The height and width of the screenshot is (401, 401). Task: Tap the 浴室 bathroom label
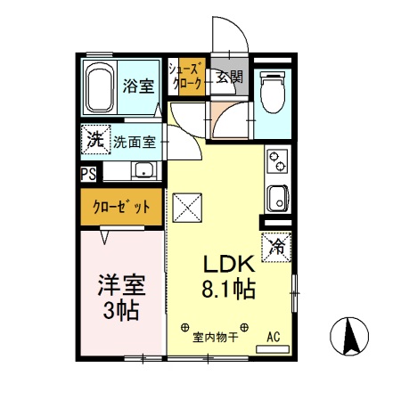(x=138, y=86)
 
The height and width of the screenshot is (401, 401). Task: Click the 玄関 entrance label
(x=229, y=77)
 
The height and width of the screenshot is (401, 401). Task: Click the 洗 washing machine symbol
(x=93, y=140)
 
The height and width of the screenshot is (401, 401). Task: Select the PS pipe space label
(x=88, y=173)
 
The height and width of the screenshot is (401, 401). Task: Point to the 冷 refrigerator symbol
(x=276, y=246)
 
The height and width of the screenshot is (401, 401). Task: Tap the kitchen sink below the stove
(x=276, y=198)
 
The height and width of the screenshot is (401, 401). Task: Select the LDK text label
(x=231, y=264)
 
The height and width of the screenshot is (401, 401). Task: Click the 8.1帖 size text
(x=231, y=290)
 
